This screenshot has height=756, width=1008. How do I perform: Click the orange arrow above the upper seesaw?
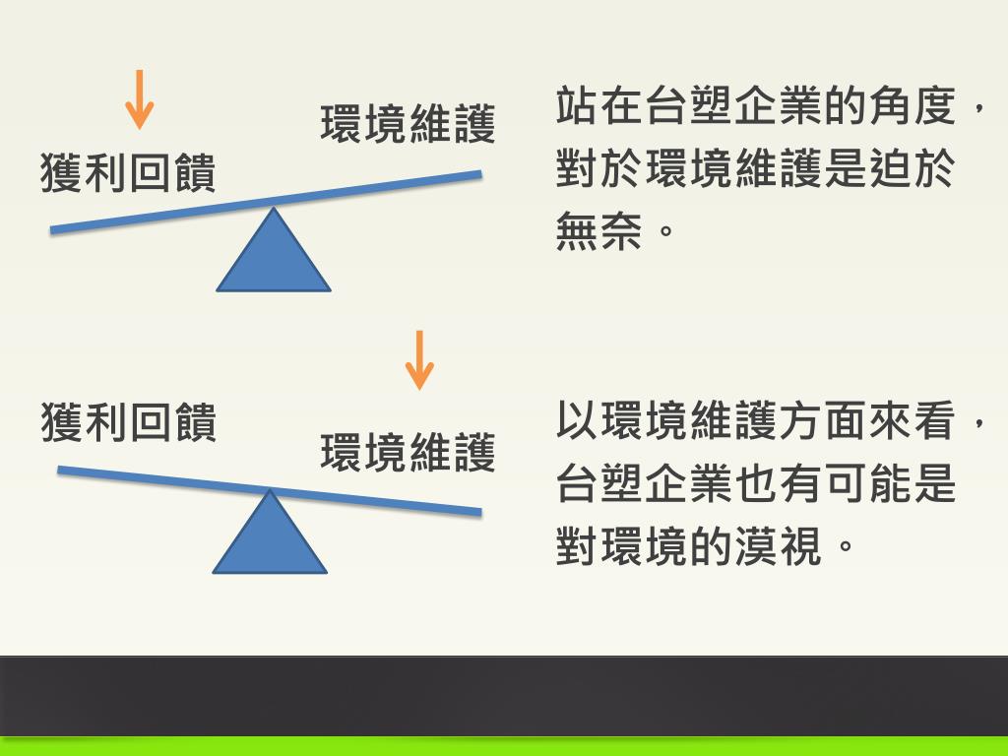(140, 99)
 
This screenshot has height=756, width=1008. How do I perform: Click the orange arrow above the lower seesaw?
(419, 359)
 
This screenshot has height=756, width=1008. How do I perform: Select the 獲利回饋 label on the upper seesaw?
(128, 173)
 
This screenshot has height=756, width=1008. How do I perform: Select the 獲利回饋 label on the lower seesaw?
(128, 421)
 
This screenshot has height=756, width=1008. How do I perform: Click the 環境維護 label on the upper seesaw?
(408, 125)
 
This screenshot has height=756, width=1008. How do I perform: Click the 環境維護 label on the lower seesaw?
(408, 453)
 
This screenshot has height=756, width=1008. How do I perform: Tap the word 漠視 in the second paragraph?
(778, 547)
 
